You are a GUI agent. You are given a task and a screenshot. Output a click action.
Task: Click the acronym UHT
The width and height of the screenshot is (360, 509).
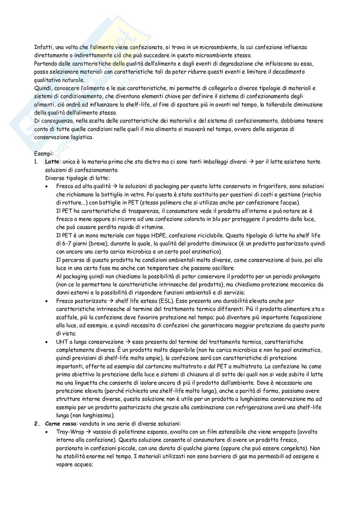click(62, 342)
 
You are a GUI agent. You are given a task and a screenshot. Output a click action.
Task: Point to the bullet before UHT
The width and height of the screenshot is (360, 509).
click(47, 342)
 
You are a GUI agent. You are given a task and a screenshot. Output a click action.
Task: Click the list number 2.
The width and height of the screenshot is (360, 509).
click(36, 424)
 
